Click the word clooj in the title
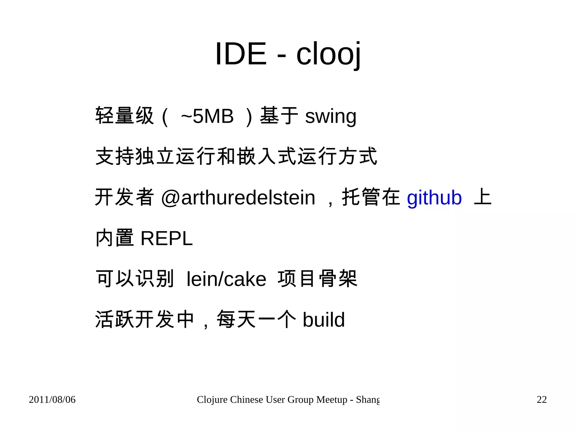(328, 54)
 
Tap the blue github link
(434, 198)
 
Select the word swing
(331, 117)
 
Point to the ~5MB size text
(207, 116)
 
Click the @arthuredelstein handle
(238, 198)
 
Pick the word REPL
(166, 239)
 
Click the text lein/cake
(226, 279)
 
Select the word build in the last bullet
(323, 320)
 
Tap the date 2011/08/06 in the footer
(52, 400)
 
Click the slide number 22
(542, 400)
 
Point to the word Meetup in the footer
(332, 400)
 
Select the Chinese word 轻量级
(125, 116)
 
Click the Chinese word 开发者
(125, 197)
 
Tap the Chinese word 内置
(114, 238)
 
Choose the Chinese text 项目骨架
(317, 279)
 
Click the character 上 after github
(483, 197)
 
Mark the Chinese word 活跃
(114, 319)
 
